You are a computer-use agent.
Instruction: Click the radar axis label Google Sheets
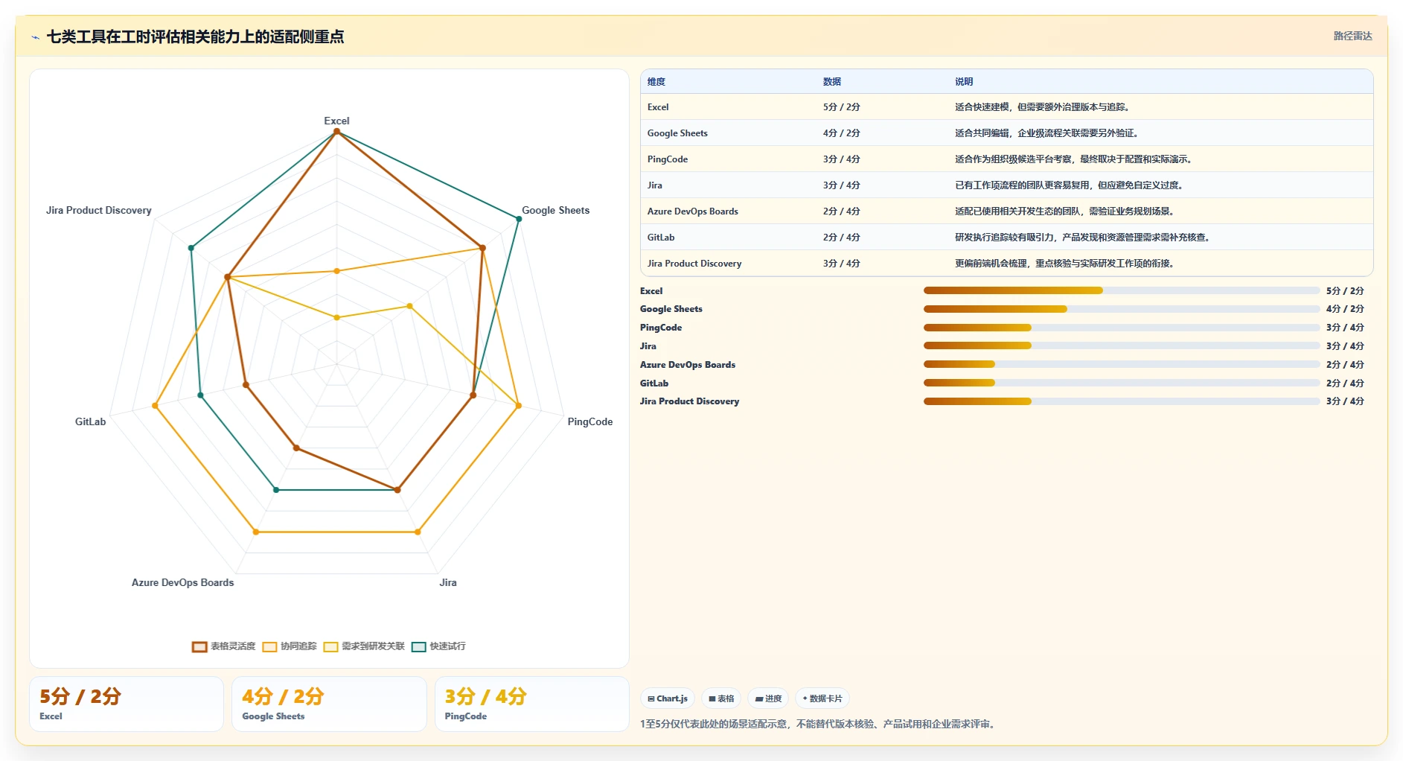555,210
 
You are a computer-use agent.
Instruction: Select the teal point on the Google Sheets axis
519,218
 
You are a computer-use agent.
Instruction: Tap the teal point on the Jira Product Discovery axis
191,248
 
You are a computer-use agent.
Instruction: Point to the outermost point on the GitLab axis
155,406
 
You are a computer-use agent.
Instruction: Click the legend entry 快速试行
439,646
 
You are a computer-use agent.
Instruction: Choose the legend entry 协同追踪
290,646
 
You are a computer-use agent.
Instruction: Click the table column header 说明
964,82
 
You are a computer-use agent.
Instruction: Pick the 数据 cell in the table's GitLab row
841,238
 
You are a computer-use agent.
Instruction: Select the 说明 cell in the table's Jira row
1068,185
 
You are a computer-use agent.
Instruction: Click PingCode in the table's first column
668,159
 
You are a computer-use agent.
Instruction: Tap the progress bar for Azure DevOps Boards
1122,364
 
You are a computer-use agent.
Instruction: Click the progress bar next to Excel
1122,290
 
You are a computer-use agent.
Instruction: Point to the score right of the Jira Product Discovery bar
1345,401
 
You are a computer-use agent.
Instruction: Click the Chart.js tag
668,698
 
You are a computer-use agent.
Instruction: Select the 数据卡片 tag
822,698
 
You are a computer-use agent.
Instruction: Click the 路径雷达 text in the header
1352,36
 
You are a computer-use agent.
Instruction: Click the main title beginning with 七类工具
195,36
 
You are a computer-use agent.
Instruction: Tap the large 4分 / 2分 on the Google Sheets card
283,696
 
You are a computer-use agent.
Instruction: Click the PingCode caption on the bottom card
466,716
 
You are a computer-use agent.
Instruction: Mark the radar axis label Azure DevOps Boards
182,582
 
